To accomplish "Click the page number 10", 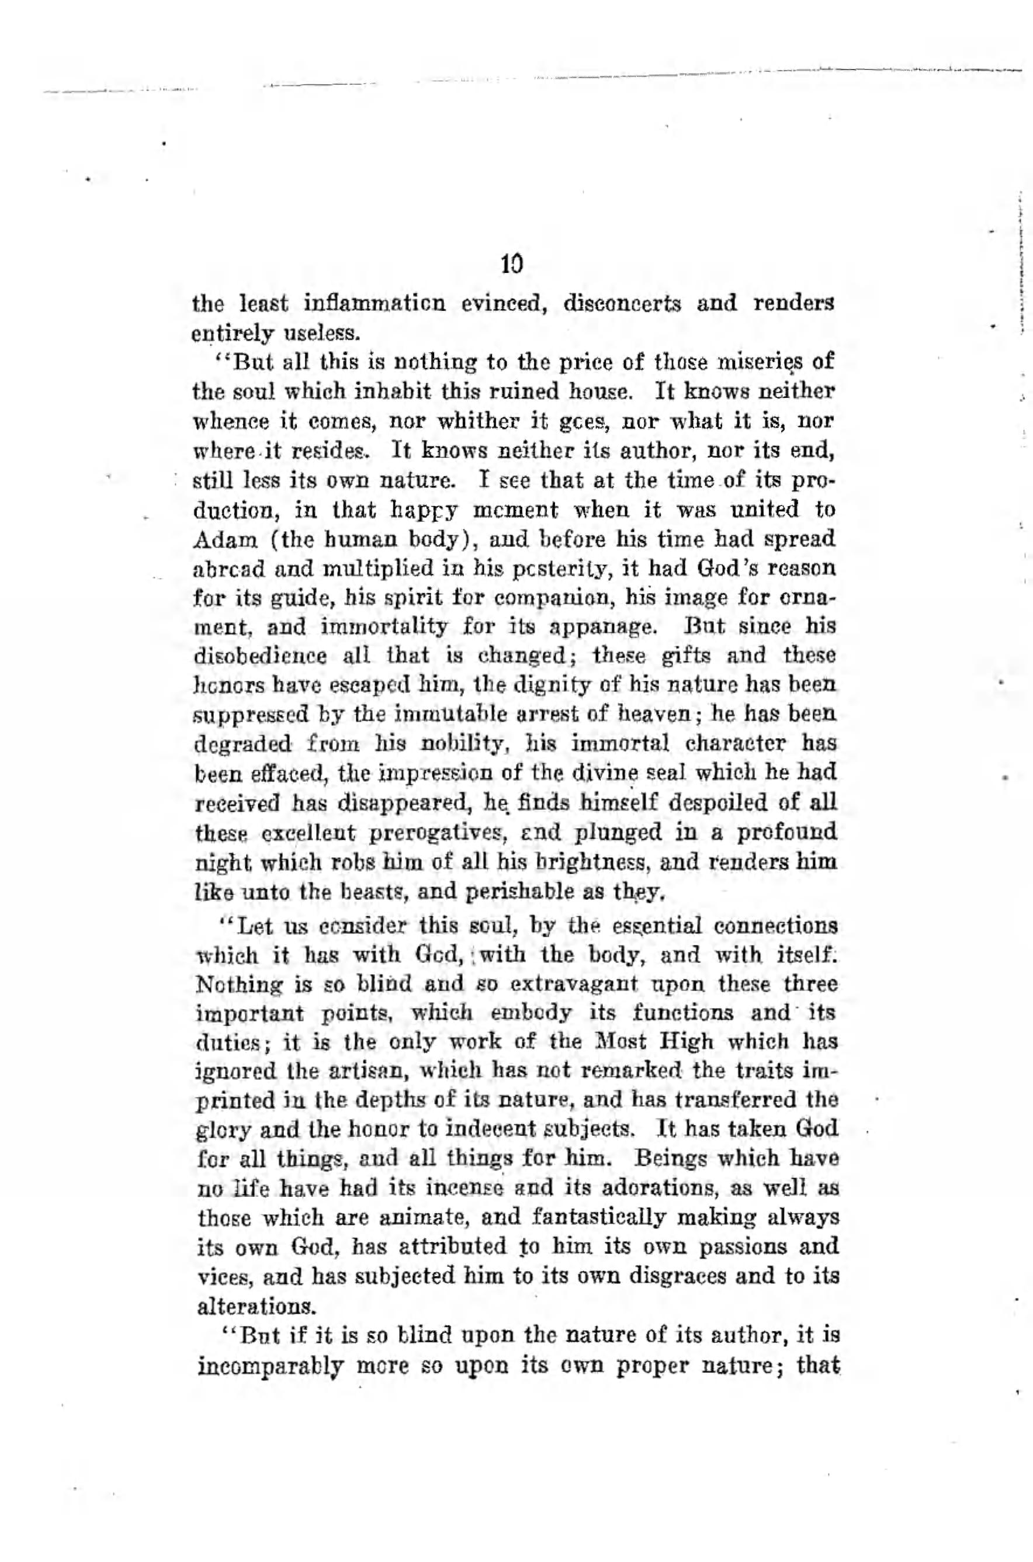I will [x=511, y=265].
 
